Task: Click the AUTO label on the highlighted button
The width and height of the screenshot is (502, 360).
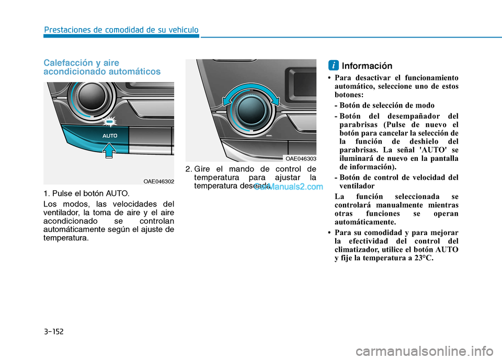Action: tap(110, 136)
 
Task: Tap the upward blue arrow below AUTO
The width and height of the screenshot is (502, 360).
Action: tap(109, 150)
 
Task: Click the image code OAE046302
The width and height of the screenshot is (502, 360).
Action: tap(158, 181)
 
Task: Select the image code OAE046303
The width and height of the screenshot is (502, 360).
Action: tap(301, 159)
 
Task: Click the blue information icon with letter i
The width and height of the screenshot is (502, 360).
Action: tap(333, 65)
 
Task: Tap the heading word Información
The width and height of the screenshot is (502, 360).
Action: tap(367, 66)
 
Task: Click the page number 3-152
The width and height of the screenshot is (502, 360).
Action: tap(54, 331)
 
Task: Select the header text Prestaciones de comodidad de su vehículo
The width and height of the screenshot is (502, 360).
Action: tap(121, 30)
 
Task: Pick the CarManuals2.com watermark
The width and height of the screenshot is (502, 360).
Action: tap(289, 187)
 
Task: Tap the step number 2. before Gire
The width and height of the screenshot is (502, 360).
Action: tap(189, 169)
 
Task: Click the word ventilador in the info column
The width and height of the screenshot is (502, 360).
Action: tap(357, 186)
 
